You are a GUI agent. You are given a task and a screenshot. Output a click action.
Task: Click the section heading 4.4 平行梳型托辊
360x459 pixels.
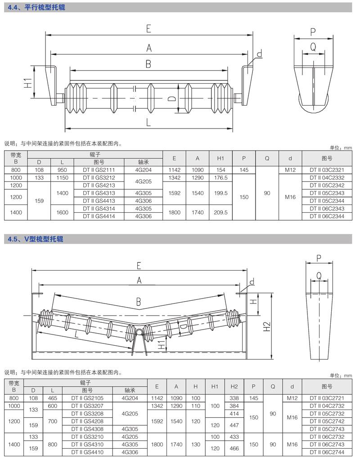tap(34, 7)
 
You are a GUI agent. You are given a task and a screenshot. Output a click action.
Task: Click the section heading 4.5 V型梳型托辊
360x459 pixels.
tap(36, 239)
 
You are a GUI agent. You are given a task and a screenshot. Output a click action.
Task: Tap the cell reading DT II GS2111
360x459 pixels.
tap(98, 170)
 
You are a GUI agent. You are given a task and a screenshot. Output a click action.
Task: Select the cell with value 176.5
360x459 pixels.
tap(220, 178)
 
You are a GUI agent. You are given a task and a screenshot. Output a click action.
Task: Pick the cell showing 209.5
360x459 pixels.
tap(220, 212)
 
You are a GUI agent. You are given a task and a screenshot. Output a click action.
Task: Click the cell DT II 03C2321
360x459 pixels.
tap(327, 170)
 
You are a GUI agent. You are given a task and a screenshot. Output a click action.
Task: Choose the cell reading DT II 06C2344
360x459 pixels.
tap(327, 216)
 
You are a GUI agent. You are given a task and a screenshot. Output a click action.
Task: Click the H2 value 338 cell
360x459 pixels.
tap(234, 398)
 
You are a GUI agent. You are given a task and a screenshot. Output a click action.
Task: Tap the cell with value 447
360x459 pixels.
tap(234, 425)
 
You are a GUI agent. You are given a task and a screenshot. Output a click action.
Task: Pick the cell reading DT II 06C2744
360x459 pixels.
tap(327, 452)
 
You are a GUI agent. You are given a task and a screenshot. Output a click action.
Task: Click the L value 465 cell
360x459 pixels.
tap(53, 398)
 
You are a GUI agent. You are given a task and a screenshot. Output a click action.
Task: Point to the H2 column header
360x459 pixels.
tap(234, 386)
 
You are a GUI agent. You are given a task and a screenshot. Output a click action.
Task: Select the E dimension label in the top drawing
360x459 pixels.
tap(148, 29)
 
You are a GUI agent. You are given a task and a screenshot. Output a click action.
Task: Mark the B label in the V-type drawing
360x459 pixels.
tap(139, 301)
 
